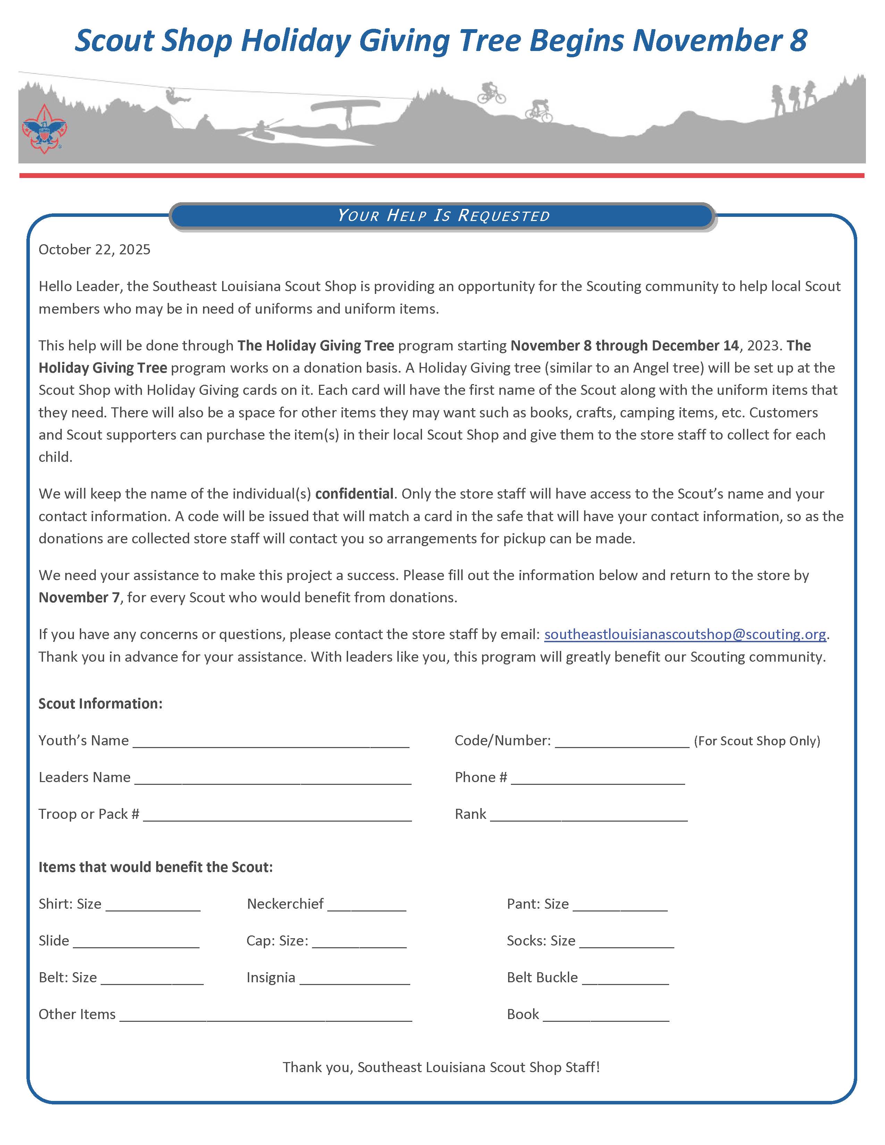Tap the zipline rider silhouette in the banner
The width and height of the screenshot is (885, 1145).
(172, 96)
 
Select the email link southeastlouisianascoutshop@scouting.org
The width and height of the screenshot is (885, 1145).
(685, 634)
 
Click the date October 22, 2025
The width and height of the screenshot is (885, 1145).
(94, 249)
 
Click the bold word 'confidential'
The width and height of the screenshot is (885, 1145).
(354, 494)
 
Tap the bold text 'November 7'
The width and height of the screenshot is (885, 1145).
(79, 598)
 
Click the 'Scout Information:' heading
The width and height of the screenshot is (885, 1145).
(101, 704)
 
